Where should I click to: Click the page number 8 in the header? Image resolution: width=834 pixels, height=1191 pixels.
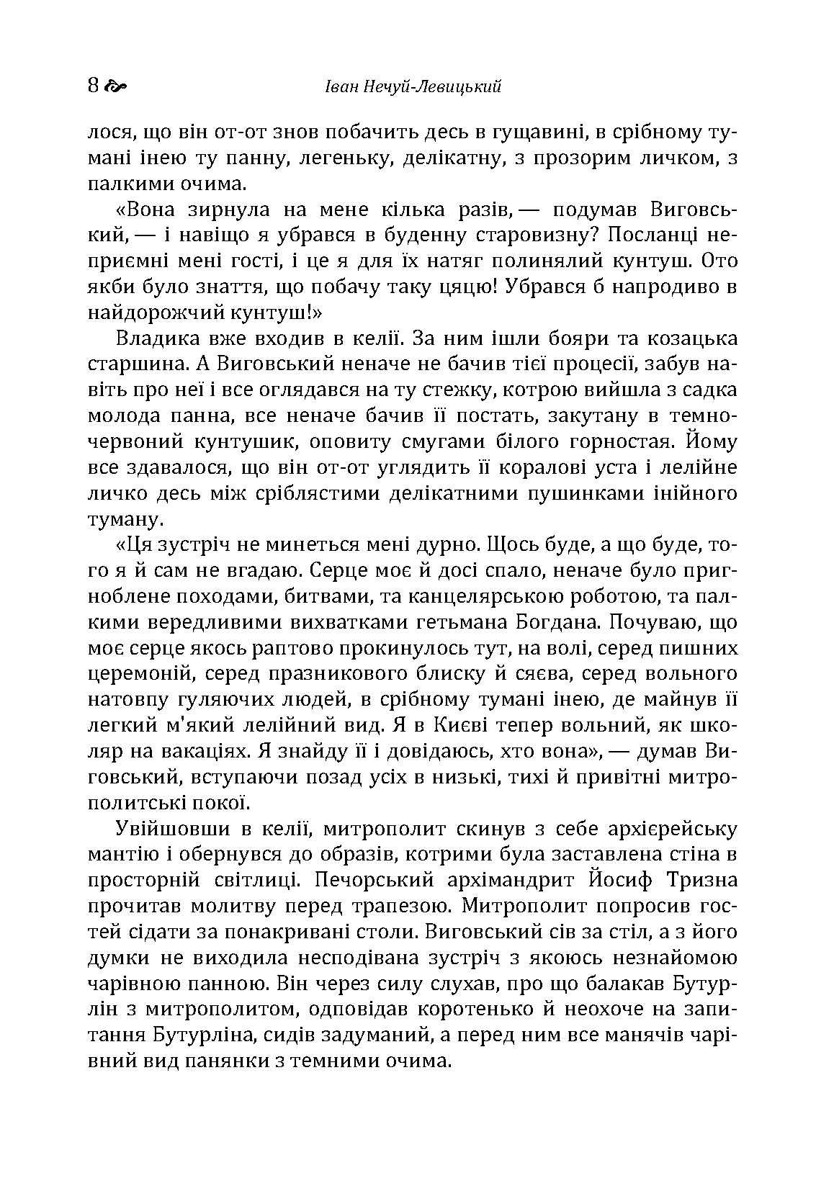click(x=93, y=86)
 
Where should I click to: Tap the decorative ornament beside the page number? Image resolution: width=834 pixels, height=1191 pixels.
click(x=115, y=87)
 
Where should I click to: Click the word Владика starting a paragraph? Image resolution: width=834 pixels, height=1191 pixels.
click(x=151, y=338)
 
